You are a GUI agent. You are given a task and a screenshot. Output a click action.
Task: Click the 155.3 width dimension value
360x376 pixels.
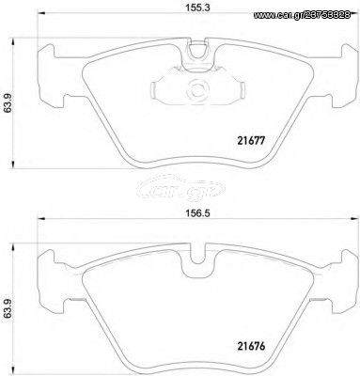[198, 8]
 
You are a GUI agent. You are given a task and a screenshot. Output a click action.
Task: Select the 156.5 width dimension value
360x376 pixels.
[198, 213]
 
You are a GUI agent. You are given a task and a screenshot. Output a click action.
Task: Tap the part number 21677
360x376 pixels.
[250, 141]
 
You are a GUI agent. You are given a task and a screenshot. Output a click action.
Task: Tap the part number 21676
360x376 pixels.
[250, 346]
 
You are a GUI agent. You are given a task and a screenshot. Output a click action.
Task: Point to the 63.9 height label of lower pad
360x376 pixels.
[8, 309]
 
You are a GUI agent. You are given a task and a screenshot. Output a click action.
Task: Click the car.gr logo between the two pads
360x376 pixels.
[181, 188]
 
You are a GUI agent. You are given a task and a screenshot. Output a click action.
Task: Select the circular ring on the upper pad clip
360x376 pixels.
[198, 91]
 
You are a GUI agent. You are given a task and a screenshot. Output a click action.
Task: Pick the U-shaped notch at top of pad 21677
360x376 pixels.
[198, 51]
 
